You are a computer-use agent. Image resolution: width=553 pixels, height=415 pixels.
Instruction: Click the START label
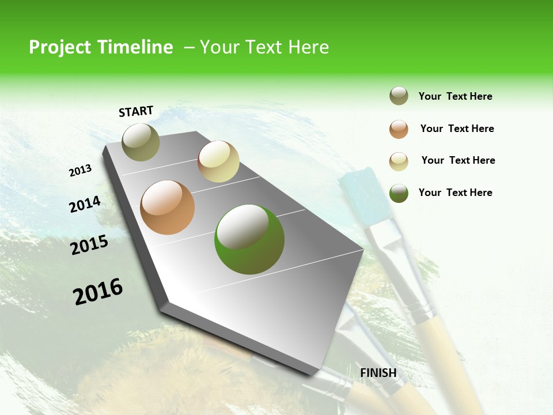(136, 111)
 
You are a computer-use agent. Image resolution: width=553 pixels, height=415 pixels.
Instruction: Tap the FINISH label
(378, 373)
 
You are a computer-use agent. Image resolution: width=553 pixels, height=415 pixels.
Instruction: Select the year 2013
(80, 171)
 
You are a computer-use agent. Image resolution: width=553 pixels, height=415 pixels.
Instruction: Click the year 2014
(85, 204)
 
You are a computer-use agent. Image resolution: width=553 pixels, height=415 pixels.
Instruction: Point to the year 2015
(89, 245)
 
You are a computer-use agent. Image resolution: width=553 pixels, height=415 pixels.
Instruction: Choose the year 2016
(98, 292)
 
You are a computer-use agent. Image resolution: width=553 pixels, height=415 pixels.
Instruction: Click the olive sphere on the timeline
(141, 142)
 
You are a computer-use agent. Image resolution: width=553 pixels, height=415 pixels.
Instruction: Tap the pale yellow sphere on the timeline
(218, 161)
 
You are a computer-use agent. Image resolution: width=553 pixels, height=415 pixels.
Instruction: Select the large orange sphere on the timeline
(167, 207)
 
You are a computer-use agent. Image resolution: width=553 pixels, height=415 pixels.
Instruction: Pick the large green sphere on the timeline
(249, 239)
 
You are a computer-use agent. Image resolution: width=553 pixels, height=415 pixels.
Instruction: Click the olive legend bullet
(399, 96)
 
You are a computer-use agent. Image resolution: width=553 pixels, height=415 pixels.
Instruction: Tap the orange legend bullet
(399, 129)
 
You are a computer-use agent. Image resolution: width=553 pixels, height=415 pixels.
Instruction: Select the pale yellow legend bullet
(399, 161)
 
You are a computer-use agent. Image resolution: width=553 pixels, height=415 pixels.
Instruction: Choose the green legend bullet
(399, 193)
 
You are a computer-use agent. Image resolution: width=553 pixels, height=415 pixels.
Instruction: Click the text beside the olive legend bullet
(455, 97)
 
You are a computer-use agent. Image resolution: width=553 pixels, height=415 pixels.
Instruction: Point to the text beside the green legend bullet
(455, 193)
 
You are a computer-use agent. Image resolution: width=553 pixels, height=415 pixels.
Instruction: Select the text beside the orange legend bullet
(457, 129)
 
